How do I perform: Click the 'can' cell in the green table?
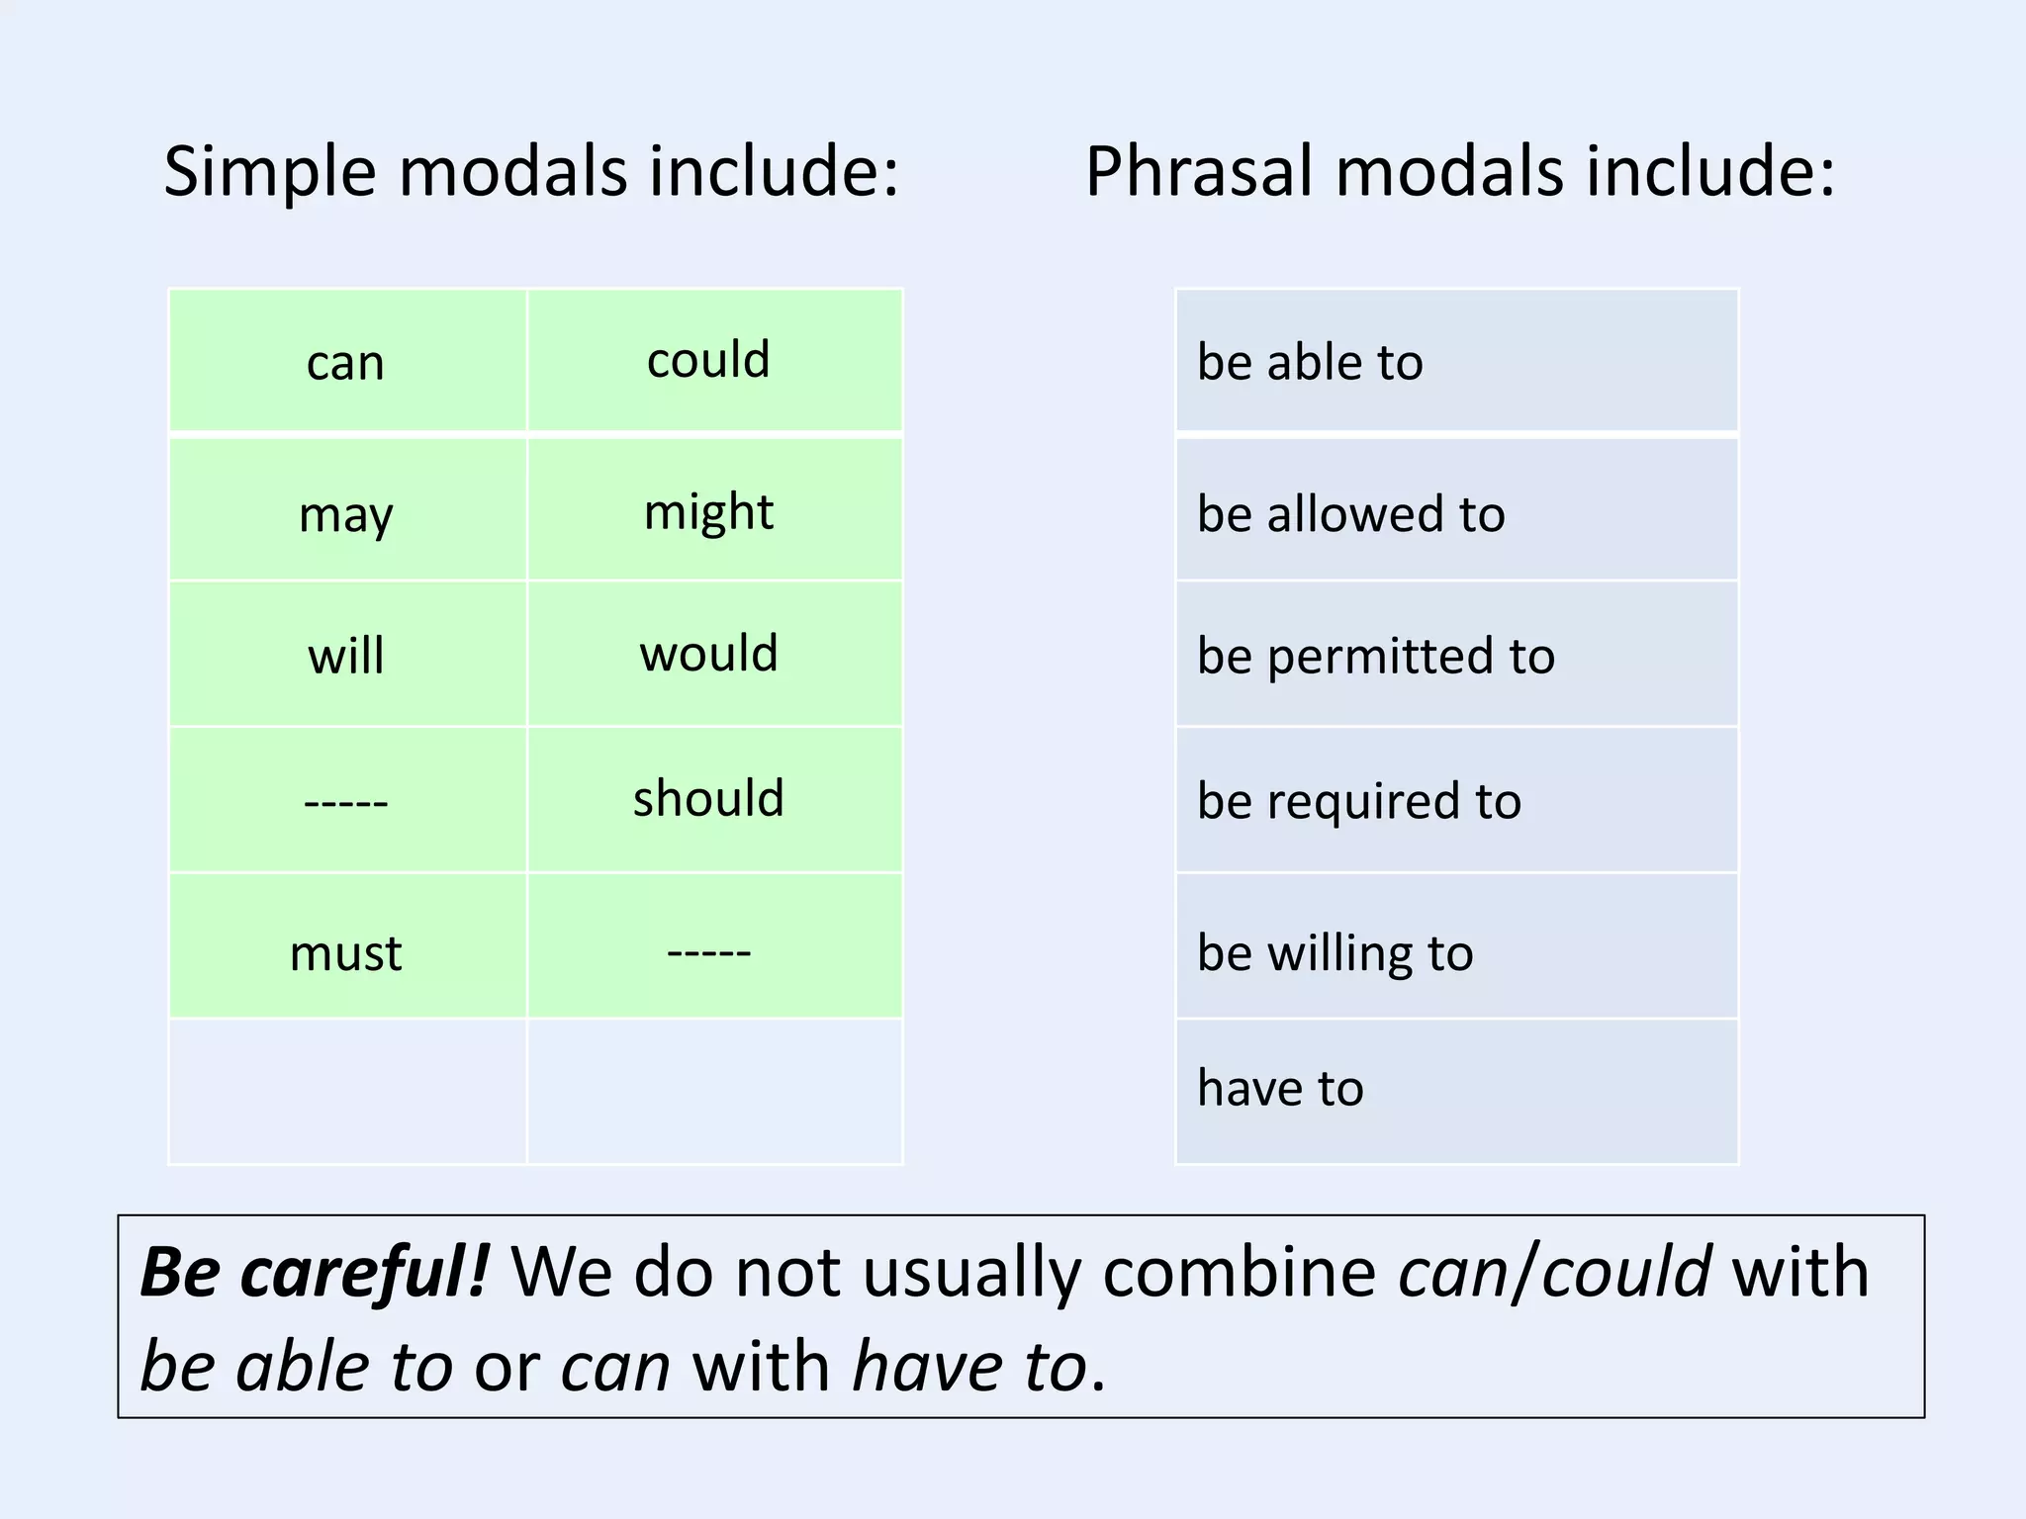[x=345, y=362]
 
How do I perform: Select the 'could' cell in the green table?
[x=708, y=360]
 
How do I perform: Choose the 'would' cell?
[x=708, y=654]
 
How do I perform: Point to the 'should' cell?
[x=708, y=798]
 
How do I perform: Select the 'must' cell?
[x=345, y=952]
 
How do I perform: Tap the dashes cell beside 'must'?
[x=708, y=951]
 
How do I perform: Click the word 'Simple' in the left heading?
[x=269, y=171]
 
